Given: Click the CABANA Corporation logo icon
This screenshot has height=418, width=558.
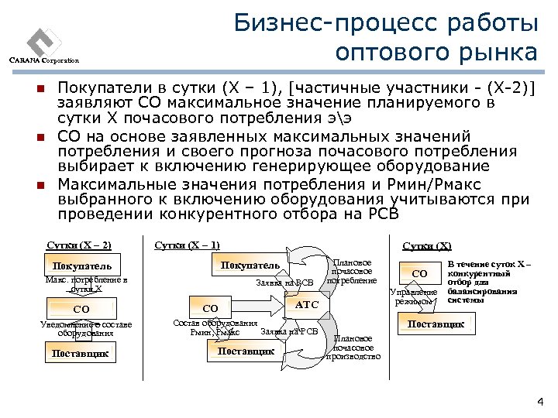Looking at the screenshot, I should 42,39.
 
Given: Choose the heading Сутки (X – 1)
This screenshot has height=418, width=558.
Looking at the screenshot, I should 187,245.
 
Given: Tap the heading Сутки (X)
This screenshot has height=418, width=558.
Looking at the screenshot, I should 426,246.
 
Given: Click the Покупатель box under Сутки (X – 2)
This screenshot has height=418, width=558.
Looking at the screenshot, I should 81,267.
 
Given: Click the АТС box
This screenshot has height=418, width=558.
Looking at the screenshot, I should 308,305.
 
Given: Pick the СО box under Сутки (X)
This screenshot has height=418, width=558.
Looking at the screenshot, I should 419,273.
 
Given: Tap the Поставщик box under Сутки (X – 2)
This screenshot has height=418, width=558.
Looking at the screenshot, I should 81,354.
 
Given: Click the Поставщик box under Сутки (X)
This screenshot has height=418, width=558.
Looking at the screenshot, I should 436,324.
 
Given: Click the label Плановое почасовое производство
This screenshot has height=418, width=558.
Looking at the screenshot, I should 353,348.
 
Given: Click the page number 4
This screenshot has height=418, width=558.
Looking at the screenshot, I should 539,402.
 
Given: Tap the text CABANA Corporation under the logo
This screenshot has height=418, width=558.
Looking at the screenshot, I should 45,61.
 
